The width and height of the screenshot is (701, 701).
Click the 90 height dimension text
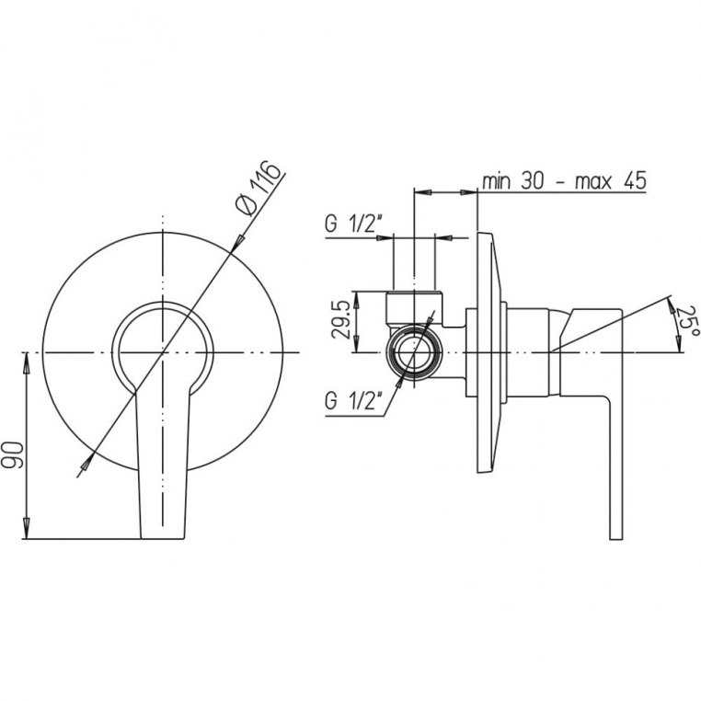[12, 454]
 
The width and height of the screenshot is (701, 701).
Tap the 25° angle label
[687, 322]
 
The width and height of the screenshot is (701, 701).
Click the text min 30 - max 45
[564, 181]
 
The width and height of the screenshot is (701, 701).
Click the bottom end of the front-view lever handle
[162, 538]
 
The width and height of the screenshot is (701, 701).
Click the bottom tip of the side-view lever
[615, 538]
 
